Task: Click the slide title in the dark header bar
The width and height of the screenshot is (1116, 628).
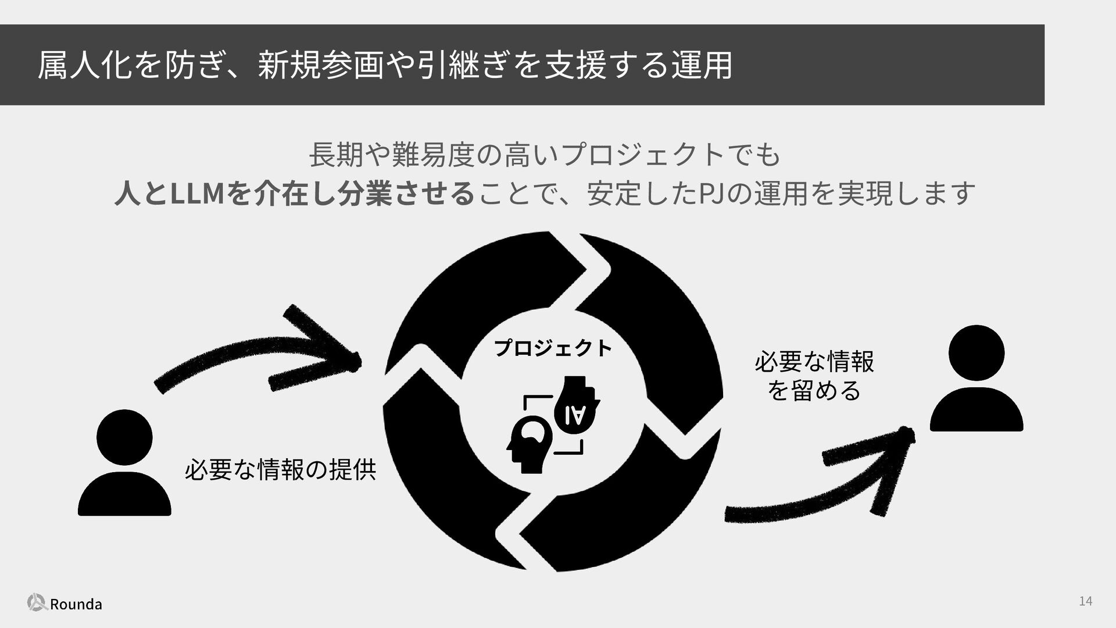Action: [x=384, y=65]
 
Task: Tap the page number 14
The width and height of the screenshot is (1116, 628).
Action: [x=1085, y=601]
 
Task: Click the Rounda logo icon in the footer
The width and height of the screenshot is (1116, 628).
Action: [x=37, y=602]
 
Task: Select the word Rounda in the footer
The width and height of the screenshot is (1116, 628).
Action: [x=76, y=604]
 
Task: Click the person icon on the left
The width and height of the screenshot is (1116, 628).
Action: [x=124, y=463]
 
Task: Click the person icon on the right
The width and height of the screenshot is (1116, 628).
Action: [x=977, y=378]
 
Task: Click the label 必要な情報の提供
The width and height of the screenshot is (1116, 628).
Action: [x=280, y=469]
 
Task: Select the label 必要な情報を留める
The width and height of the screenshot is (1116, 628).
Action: [x=814, y=376]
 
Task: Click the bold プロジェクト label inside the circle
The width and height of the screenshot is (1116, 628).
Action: [x=553, y=348]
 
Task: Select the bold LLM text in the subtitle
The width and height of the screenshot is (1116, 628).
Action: [x=196, y=193]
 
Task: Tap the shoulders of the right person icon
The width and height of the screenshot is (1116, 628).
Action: [x=977, y=409]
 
